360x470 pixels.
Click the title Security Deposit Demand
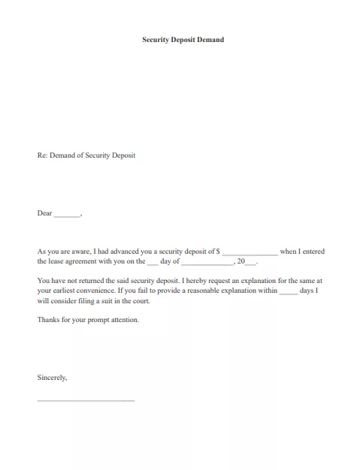[x=183, y=39]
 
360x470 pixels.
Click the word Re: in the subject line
[x=43, y=155]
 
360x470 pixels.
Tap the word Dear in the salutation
[x=44, y=213]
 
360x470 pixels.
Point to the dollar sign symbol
[x=218, y=252]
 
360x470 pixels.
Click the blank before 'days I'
[x=289, y=291]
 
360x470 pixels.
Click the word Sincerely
[x=52, y=378]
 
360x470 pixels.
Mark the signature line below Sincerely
[x=86, y=399]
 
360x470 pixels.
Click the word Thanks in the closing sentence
[x=47, y=320]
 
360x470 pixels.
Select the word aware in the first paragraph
[x=77, y=252]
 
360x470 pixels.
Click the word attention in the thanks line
[x=124, y=320]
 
